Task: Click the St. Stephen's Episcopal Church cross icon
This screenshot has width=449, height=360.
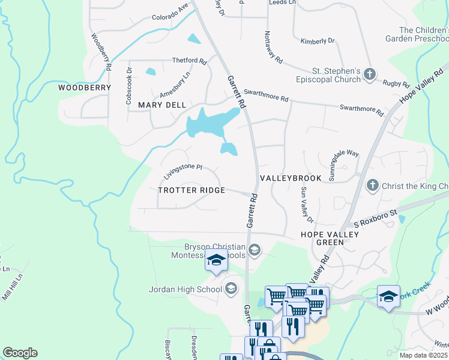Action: click(370, 74)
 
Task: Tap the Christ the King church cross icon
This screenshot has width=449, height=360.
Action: click(372, 185)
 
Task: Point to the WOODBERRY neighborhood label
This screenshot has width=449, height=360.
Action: click(85, 88)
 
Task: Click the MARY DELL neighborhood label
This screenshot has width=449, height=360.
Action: click(161, 104)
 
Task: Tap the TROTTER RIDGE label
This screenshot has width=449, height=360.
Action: click(191, 190)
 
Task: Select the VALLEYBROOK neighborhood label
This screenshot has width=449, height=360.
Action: click(291, 179)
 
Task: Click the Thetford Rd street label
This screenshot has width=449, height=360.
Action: click(189, 61)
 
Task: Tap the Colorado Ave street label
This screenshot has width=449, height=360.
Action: click(170, 13)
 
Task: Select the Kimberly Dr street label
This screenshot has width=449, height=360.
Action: click(317, 41)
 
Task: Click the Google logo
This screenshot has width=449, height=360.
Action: click(20, 352)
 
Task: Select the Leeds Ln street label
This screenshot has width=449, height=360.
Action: click(282, 3)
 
